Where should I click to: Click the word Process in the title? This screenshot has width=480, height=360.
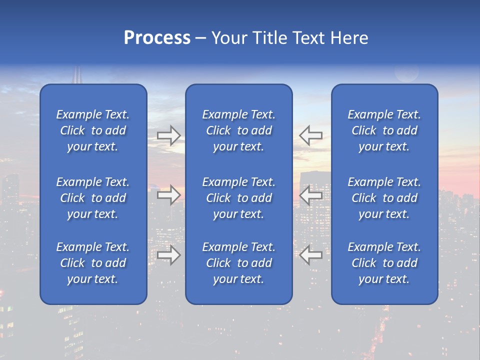(157, 38)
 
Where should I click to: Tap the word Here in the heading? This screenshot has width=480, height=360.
(348, 38)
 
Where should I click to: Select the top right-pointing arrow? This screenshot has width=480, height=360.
(169, 135)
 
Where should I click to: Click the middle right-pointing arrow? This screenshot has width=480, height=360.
(169, 195)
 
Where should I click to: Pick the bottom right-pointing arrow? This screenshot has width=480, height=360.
(169, 255)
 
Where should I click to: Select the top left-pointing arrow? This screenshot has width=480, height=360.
(310, 135)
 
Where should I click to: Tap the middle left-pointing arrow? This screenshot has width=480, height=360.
(310, 195)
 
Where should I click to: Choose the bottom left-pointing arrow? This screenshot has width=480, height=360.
(310, 255)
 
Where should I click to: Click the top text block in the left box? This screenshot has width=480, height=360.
(93, 130)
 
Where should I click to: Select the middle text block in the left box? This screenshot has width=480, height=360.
(93, 198)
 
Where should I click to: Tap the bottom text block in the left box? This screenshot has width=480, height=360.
(93, 263)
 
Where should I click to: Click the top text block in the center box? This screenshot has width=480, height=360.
(238, 130)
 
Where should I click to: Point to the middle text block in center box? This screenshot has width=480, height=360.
(238, 198)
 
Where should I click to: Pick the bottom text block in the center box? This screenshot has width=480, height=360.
(238, 263)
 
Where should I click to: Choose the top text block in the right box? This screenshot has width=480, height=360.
(384, 130)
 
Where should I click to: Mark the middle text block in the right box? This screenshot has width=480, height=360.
(384, 198)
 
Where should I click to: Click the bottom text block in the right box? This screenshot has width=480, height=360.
(384, 263)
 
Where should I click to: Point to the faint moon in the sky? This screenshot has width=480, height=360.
(406, 73)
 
